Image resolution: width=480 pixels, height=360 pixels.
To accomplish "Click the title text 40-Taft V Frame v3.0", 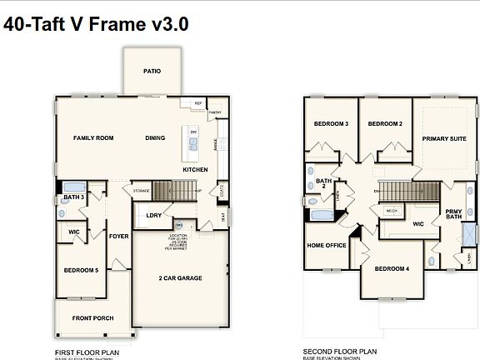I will (x=97, y=24).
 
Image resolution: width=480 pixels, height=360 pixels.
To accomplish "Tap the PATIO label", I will (x=152, y=71).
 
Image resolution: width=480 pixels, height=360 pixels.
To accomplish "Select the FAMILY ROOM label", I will (x=93, y=137).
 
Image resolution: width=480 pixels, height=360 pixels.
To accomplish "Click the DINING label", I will (x=155, y=137).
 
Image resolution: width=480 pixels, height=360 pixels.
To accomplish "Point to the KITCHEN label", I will (x=195, y=169).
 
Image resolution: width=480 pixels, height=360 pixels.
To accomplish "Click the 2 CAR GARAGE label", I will (x=180, y=277).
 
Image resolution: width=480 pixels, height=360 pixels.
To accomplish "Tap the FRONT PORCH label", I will (x=92, y=318).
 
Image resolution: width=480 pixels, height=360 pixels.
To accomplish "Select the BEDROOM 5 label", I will (x=81, y=270).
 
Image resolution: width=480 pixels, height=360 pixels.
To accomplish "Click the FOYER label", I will (x=119, y=236).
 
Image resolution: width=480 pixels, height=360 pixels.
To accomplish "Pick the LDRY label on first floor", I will (x=153, y=216).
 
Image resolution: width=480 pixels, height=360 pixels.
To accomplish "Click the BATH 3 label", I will (x=74, y=197).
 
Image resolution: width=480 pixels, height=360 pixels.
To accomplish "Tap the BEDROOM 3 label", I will (x=331, y=123).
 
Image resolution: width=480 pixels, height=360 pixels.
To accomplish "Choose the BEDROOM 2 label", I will (x=385, y=123).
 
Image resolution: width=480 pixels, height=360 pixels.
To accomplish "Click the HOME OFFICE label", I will (x=327, y=245).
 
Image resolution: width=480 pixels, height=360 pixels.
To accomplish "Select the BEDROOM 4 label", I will (x=392, y=268).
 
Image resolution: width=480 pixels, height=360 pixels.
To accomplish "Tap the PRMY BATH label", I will (x=453, y=216).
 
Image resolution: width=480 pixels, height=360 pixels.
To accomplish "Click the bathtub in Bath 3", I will (x=71, y=187).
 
